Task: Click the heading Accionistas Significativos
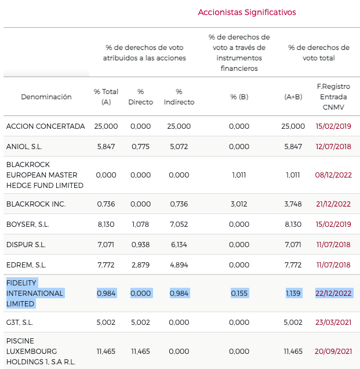click(x=246, y=12)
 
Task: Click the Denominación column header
click(x=46, y=97)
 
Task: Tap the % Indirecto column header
click(x=179, y=97)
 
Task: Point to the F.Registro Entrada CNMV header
click(x=333, y=97)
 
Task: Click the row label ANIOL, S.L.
click(x=24, y=147)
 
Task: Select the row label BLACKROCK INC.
click(x=36, y=204)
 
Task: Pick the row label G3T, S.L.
click(x=21, y=323)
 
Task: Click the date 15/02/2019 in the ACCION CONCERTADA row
click(x=333, y=126)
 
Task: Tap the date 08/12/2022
click(x=333, y=175)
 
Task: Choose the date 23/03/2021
click(x=333, y=323)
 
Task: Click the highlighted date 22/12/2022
click(x=333, y=294)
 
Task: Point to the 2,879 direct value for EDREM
click(x=141, y=265)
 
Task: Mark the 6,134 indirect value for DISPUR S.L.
click(x=179, y=245)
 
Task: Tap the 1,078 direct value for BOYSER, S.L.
click(x=141, y=225)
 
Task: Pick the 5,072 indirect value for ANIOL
click(x=179, y=147)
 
